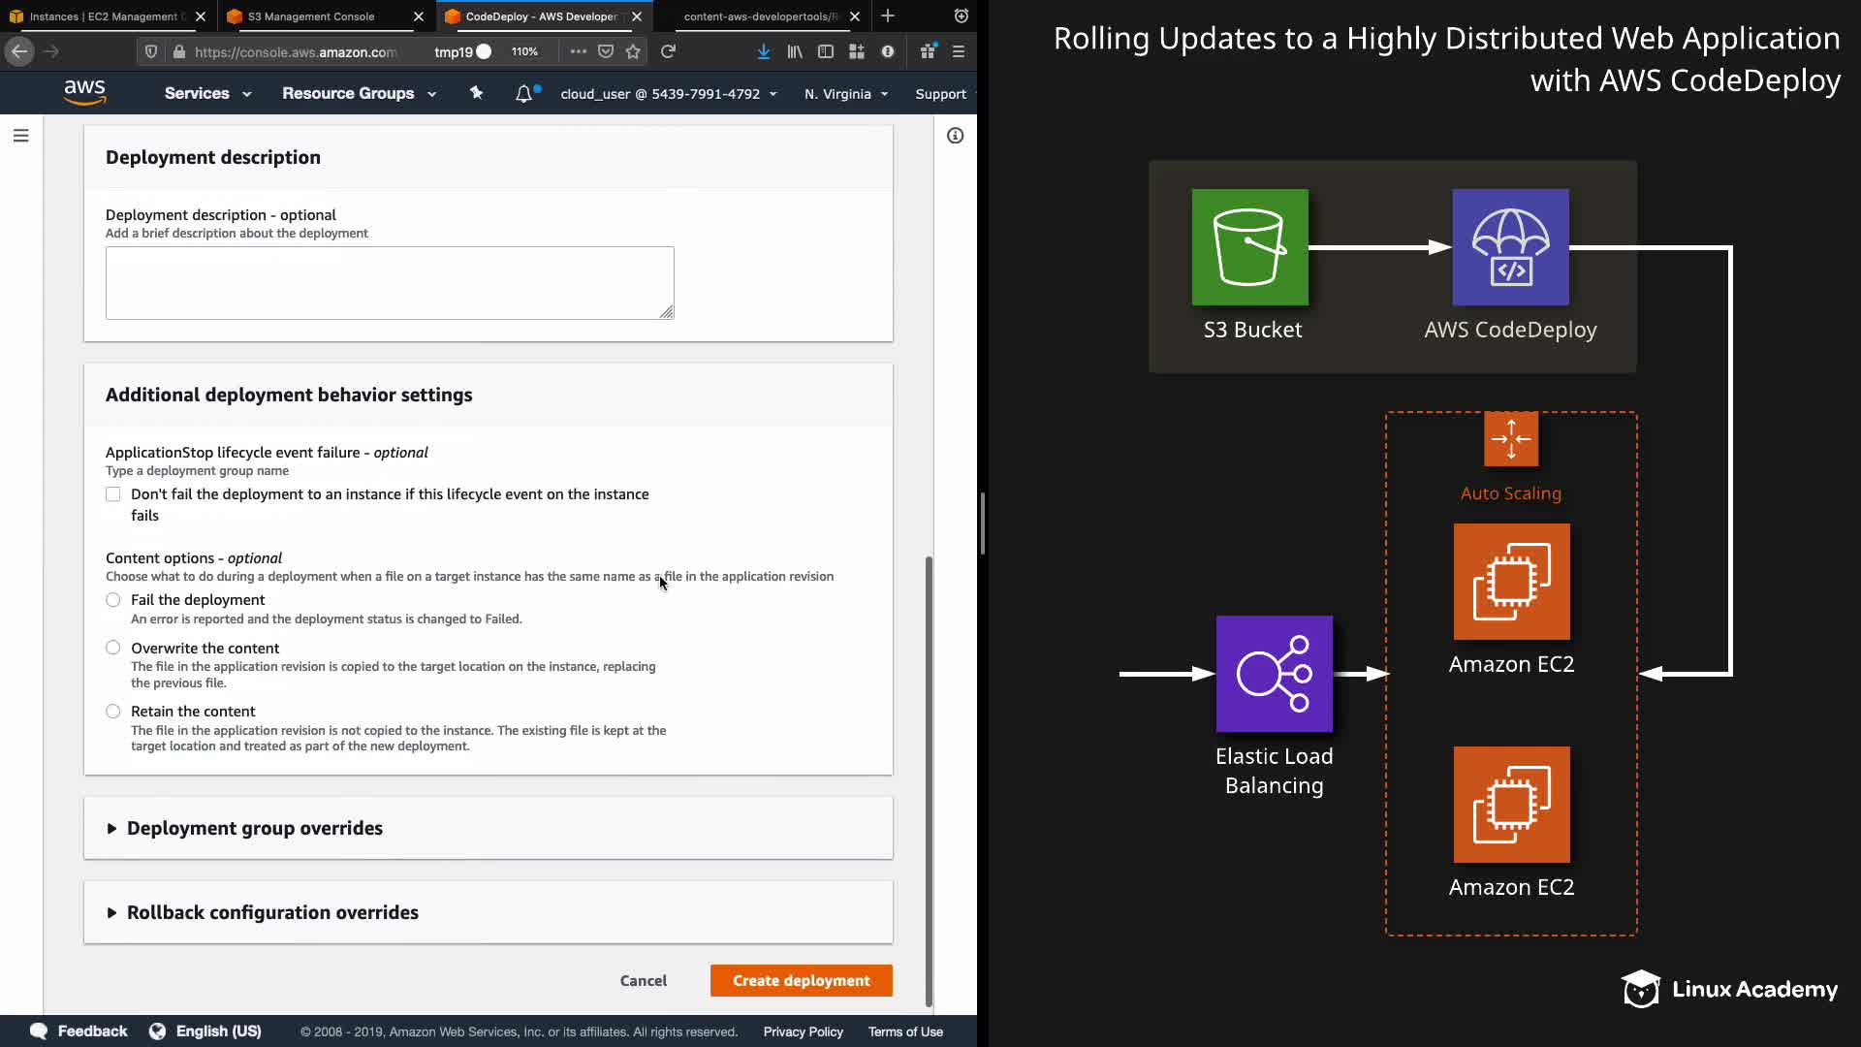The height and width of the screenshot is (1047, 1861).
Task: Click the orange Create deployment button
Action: [x=801, y=980]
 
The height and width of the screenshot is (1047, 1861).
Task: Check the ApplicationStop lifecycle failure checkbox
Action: [x=113, y=494]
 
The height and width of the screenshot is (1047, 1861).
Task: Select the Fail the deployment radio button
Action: [x=113, y=600]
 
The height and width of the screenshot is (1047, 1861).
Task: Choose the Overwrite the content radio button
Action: [x=113, y=648]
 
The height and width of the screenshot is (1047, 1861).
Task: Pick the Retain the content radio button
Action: [x=113, y=712]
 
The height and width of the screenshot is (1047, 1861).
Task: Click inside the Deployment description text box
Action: [x=389, y=282]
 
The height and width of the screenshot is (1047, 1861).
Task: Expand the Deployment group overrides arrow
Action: [x=111, y=829]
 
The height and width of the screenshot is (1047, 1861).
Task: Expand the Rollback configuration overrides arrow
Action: [x=111, y=913]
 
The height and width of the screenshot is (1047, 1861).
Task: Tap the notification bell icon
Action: [x=523, y=93]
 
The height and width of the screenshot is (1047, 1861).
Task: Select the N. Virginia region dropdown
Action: [x=845, y=94]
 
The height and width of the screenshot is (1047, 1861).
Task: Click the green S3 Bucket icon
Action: [x=1249, y=247]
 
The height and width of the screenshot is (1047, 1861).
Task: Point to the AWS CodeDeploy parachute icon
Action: [x=1510, y=247]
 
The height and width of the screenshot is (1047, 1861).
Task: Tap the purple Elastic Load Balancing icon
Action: [x=1274, y=674]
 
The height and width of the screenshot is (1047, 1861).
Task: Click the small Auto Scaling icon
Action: [x=1510, y=439]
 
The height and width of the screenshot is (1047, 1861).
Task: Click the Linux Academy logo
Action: [x=1729, y=989]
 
